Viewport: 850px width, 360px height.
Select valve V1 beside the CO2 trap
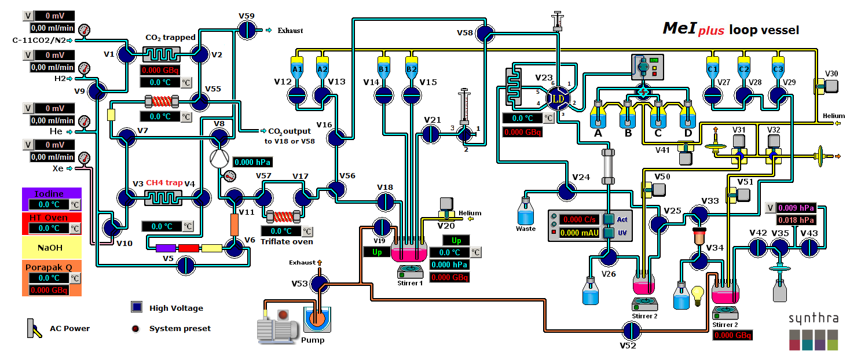pyautogui.click(x=126, y=54)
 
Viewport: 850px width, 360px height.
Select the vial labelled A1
pyautogui.click(x=297, y=69)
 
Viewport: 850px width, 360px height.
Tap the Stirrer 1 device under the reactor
pyautogui.click(x=410, y=271)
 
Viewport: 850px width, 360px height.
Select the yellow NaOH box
pyautogui.click(x=52, y=247)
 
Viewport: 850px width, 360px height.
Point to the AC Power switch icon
pyautogui.click(x=33, y=328)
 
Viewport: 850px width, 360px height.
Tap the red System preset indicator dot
pyautogui.click(x=136, y=328)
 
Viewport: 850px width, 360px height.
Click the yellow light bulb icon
pyautogui.click(x=698, y=293)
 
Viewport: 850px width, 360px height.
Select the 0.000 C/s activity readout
pyautogui.click(x=580, y=219)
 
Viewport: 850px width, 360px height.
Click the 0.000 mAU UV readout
pyautogui.click(x=580, y=233)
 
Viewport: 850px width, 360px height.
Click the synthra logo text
pyautogui.click(x=813, y=318)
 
